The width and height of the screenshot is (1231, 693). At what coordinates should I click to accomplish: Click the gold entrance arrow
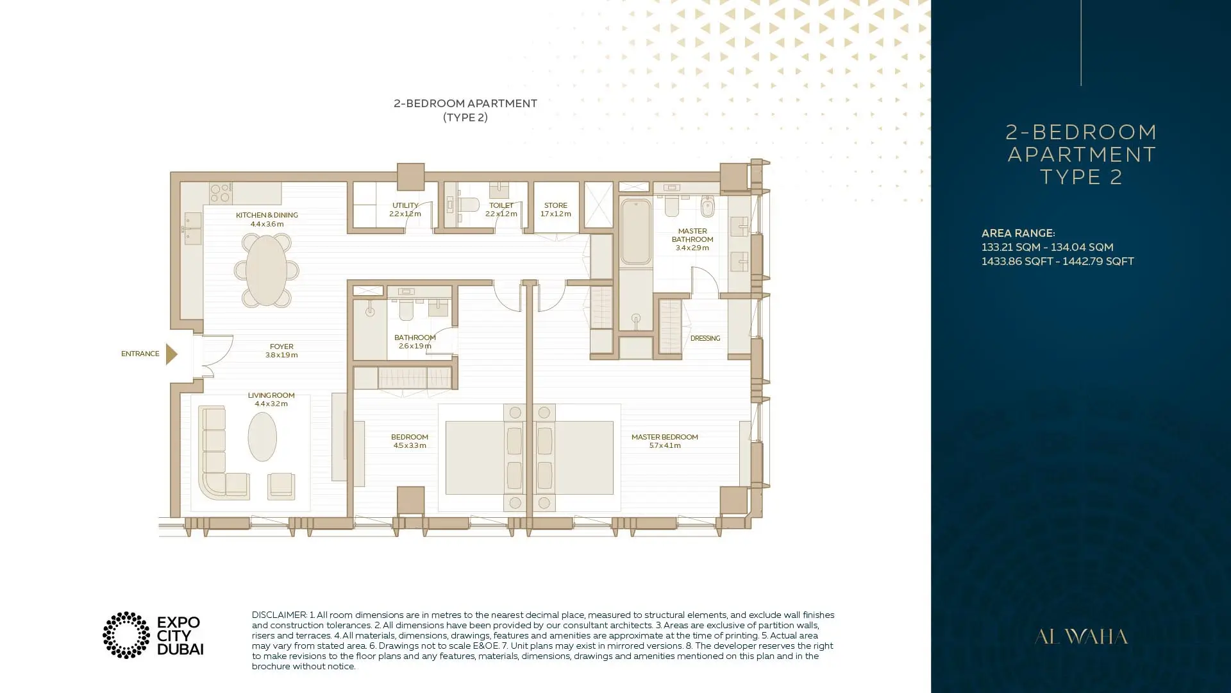171,354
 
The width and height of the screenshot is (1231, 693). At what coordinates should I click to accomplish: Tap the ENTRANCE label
140,354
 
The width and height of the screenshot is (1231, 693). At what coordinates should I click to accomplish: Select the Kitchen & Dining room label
267,219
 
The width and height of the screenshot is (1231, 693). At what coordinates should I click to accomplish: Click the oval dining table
266,270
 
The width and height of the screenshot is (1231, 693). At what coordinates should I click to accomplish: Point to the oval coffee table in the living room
262,436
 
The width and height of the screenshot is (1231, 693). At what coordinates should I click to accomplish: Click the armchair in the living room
281,486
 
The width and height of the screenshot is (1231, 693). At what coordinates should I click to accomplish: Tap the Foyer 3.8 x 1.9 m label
281,350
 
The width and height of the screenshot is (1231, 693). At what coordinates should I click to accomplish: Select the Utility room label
405,210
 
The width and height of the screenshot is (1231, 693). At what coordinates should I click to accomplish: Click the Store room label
556,210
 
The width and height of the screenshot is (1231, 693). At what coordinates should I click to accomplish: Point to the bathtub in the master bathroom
635,232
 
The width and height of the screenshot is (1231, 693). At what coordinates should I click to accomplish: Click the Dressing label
705,338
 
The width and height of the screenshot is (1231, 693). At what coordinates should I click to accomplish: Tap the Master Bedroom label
665,441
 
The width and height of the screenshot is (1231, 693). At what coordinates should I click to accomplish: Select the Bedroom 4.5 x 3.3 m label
410,441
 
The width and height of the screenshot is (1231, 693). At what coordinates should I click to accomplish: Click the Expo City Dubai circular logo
126,635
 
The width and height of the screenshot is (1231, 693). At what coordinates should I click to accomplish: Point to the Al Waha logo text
1081,637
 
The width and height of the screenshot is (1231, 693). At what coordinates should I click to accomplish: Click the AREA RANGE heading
1018,233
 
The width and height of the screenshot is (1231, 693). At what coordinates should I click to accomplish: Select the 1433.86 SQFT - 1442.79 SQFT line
1058,261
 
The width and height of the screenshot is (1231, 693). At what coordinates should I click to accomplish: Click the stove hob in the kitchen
221,193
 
